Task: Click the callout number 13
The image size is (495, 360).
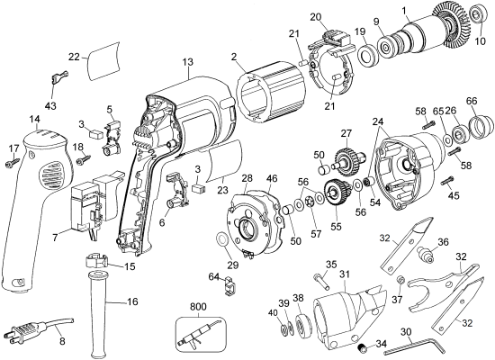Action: point(187,62)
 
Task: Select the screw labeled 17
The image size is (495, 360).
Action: point(13,162)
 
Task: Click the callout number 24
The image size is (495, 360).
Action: point(377,121)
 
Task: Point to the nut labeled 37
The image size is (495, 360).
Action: point(398,284)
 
